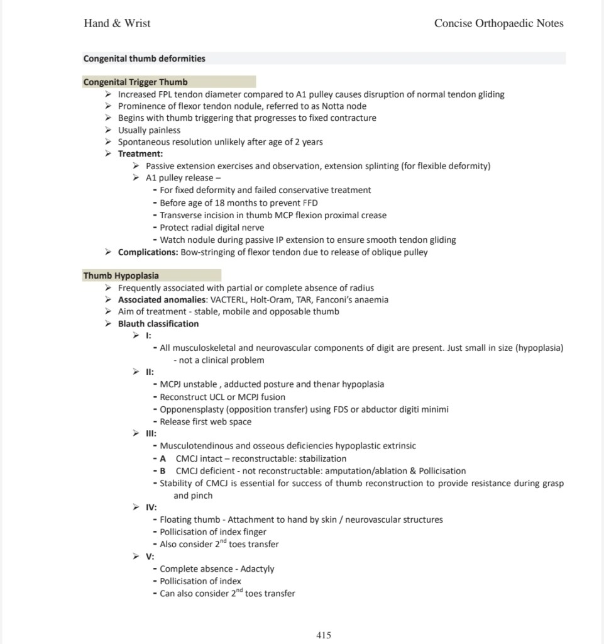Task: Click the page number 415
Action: [x=323, y=635]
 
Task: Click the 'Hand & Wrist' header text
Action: [x=117, y=23]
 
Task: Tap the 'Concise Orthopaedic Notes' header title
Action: [x=498, y=23]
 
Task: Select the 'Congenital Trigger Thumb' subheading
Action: [x=135, y=82]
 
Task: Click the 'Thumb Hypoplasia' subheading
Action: [x=121, y=275]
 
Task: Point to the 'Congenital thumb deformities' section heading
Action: [x=144, y=58]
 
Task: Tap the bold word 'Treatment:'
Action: [x=140, y=154]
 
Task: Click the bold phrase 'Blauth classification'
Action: [x=158, y=324]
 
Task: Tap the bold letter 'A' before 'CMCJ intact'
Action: [x=163, y=458]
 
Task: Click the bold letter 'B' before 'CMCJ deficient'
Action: [x=163, y=470]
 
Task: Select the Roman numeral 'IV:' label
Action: [x=151, y=507]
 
